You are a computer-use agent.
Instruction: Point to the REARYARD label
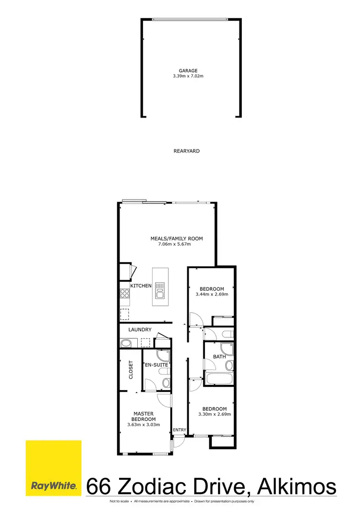click(x=186, y=151)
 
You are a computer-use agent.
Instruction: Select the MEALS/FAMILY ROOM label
click(x=177, y=239)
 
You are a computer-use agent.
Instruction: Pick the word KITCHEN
click(x=141, y=286)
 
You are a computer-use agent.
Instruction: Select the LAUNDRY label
click(x=140, y=330)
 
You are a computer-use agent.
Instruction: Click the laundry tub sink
click(x=126, y=343)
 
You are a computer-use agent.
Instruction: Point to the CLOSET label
click(x=131, y=370)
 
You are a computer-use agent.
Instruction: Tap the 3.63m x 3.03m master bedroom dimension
click(x=143, y=425)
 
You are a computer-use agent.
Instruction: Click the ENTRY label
click(x=180, y=430)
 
